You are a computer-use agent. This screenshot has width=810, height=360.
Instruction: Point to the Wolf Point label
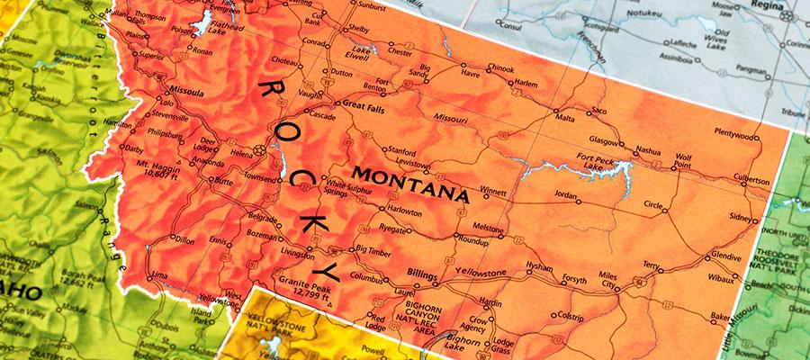(682, 161)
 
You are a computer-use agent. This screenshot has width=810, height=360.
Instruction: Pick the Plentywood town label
(734, 135)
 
